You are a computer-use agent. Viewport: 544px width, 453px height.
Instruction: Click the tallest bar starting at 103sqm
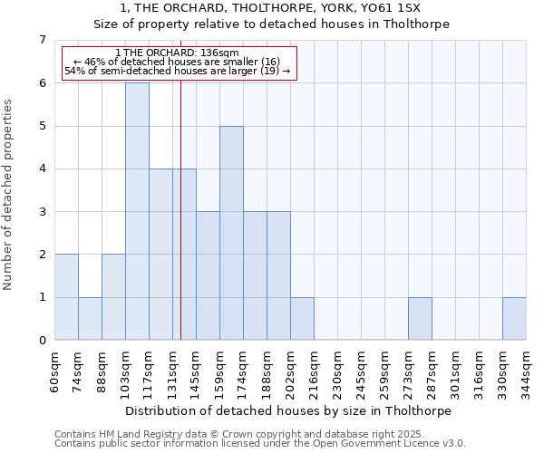[137, 211]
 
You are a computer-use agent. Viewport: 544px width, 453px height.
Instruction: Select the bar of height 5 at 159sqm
[231, 233]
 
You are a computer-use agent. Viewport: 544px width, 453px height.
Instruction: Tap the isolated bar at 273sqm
[420, 318]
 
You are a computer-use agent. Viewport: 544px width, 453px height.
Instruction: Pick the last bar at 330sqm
[514, 318]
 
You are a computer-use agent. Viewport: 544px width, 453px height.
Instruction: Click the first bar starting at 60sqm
[66, 297]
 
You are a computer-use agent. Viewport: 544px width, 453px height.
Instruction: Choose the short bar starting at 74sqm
[90, 318]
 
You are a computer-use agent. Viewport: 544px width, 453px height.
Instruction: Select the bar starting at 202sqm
[302, 318]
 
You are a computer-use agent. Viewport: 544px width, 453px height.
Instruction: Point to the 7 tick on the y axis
[42, 40]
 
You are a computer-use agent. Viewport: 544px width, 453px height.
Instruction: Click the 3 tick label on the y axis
[42, 212]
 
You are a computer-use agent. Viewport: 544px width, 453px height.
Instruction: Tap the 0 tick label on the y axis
[42, 341]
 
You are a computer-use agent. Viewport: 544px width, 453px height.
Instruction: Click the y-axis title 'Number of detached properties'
[9, 195]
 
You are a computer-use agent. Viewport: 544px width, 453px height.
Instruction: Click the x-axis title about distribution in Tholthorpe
[290, 410]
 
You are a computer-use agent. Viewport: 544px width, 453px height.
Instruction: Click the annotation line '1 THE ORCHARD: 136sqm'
[178, 53]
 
